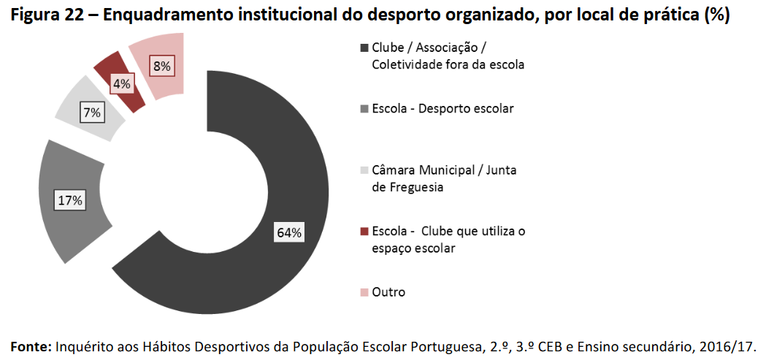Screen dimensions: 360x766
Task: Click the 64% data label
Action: click(x=289, y=233)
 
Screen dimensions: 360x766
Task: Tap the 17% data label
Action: click(x=71, y=199)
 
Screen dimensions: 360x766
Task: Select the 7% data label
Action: click(x=93, y=113)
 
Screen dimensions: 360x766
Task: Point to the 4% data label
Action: click(x=121, y=84)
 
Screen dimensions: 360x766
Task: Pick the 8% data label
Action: click(x=161, y=66)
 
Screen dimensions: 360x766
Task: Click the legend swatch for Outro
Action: click(x=364, y=293)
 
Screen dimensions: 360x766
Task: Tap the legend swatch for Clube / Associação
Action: click(x=364, y=48)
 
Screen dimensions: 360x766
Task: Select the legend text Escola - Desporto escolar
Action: click(x=443, y=109)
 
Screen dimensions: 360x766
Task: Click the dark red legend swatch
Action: click(x=364, y=231)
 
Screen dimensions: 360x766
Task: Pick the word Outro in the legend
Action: click(x=388, y=292)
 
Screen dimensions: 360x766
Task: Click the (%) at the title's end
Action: click(x=717, y=16)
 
